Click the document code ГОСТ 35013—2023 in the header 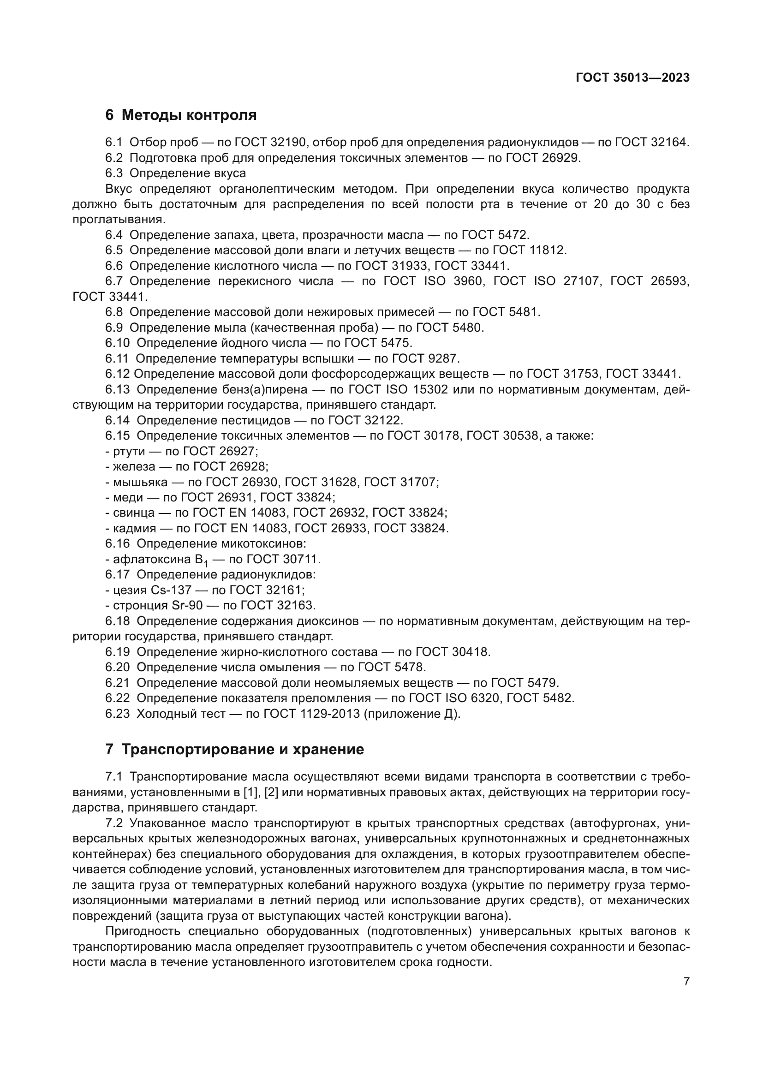point(632,77)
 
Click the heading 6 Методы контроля point(181,115)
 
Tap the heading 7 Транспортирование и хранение point(234,749)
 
